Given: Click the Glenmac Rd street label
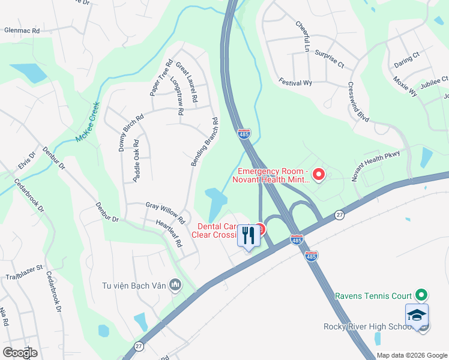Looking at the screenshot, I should click(x=22, y=30).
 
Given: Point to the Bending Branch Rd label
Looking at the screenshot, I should click(x=204, y=142).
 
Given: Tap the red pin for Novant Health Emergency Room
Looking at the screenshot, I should click(x=319, y=175).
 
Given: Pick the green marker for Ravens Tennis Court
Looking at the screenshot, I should click(x=421, y=295).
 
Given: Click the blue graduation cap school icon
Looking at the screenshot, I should click(x=417, y=314).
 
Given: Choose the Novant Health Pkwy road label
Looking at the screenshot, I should click(x=375, y=166).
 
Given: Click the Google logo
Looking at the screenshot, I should click(x=20, y=352).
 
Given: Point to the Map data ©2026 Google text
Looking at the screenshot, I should click(x=411, y=355).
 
